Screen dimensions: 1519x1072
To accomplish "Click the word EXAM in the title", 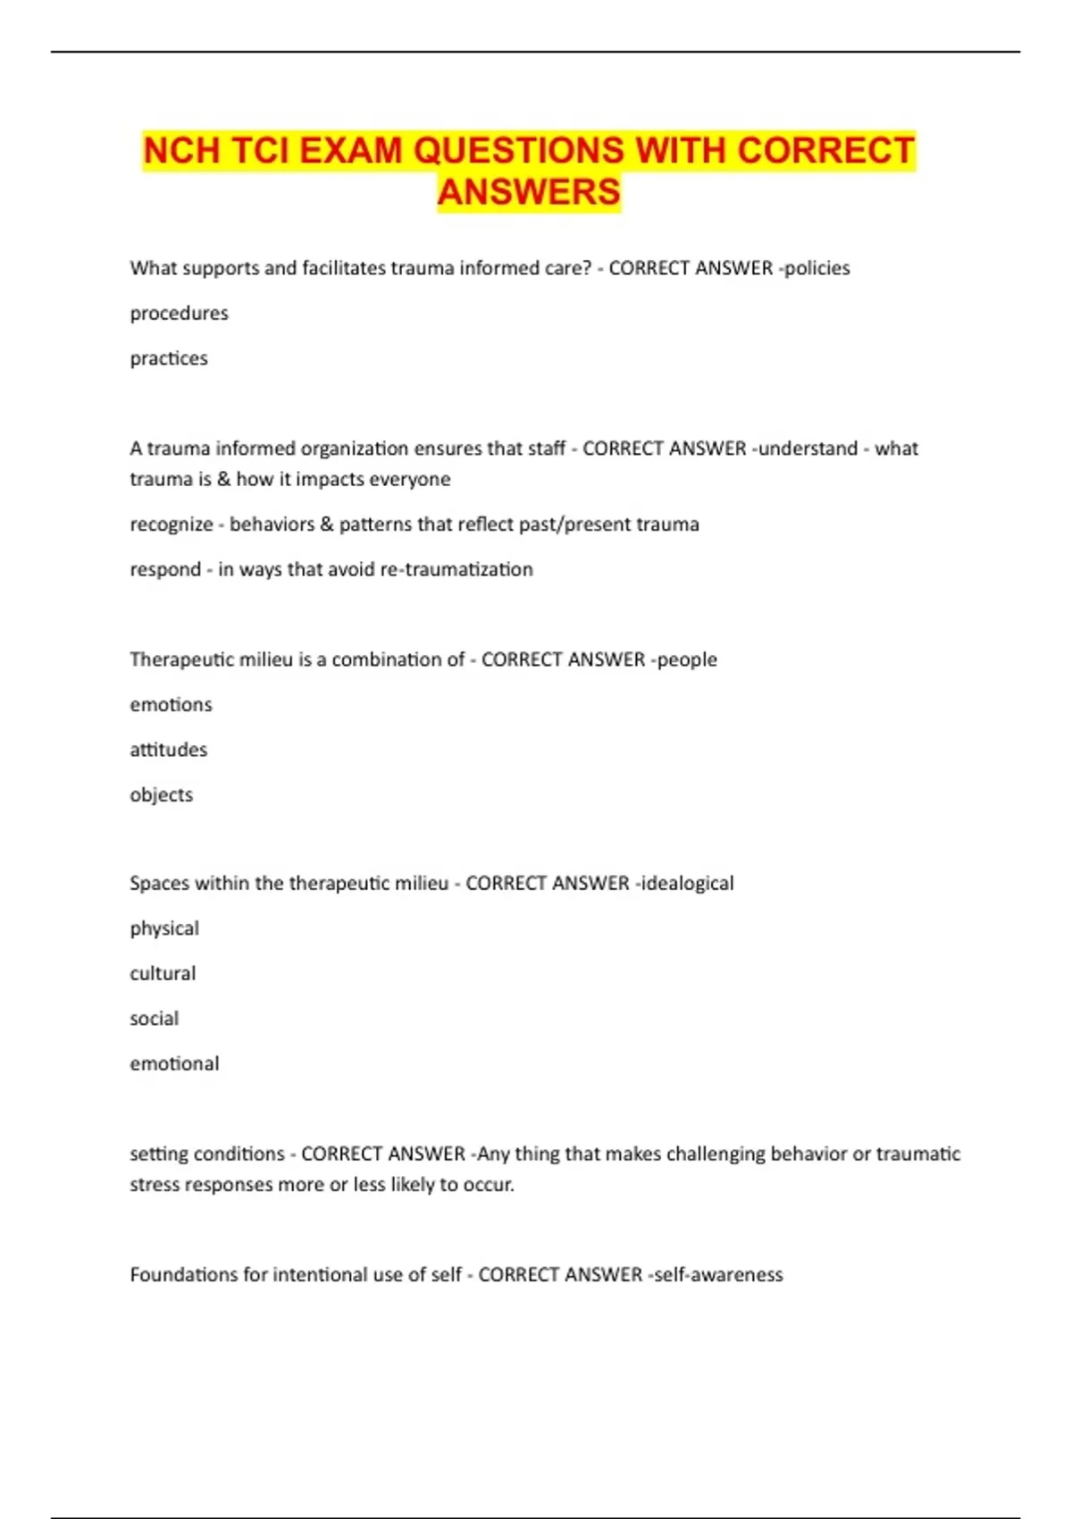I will (350, 150).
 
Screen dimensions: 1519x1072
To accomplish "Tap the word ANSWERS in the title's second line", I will (529, 192).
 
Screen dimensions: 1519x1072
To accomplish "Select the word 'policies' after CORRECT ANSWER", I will (817, 268).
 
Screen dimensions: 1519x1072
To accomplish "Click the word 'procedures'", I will (179, 314).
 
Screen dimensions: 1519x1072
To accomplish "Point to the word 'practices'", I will (169, 358).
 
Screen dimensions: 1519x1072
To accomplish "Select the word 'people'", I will (687, 659).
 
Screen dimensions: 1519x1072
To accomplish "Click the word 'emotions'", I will (171, 705).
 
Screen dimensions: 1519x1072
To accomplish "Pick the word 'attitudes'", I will (168, 750).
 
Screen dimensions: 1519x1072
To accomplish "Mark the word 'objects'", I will (161, 795).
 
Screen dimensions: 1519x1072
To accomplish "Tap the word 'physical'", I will (164, 929).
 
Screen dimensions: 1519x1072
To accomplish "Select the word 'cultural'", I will (163, 974).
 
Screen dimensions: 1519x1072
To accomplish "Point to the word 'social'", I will (154, 1019).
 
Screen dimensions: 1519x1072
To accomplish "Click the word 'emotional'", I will (174, 1064).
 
